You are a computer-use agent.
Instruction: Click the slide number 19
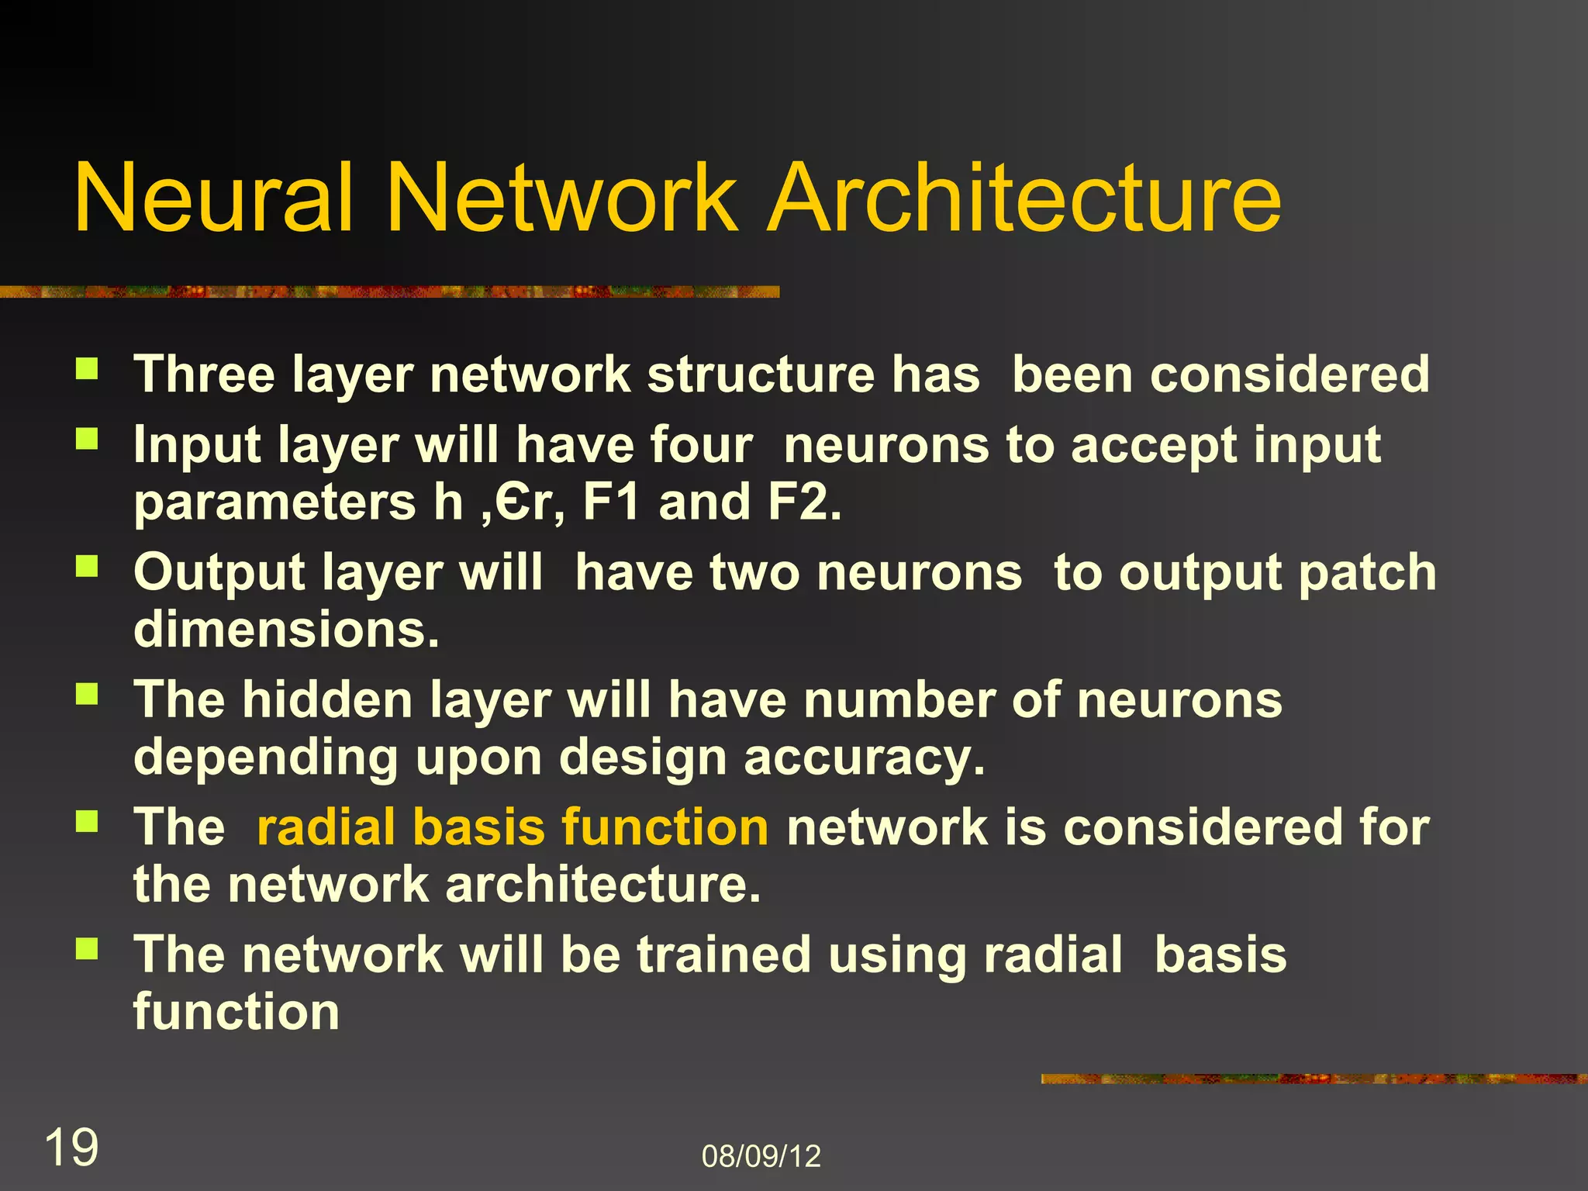coord(71,1148)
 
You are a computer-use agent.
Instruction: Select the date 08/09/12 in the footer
coord(761,1156)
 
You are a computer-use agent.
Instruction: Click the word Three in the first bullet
coord(204,375)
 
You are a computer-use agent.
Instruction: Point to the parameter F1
coord(611,502)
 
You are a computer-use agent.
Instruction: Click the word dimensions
coord(286,629)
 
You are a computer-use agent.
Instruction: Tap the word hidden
coord(327,700)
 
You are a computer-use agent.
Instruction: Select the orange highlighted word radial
coord(323,827)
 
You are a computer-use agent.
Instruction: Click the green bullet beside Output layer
coord(87,567)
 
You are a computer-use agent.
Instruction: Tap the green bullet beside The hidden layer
coord(87,694)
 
